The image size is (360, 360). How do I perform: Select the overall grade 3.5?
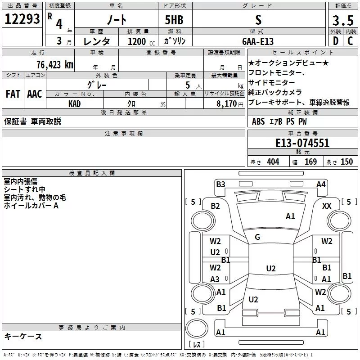pos(342,20)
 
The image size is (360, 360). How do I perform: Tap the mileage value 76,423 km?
pos(54,64)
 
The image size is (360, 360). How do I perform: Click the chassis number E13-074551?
pos(302,143)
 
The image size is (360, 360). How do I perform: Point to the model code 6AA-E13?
pos(258,41)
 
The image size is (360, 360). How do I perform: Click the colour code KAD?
pos(75,103)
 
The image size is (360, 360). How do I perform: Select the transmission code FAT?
pos(13,94)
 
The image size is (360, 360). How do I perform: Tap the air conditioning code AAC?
pos(34,94)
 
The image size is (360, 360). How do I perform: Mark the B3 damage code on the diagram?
pos(220,184)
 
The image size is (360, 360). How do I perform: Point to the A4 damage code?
pos(321,184)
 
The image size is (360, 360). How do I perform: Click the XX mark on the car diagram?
pos(327,206)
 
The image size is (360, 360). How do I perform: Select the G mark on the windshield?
pos(257,237)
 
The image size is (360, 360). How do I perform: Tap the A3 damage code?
pos(215,279)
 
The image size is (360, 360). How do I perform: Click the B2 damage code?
pos(216,206)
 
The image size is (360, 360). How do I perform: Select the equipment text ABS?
pos(258,121)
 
